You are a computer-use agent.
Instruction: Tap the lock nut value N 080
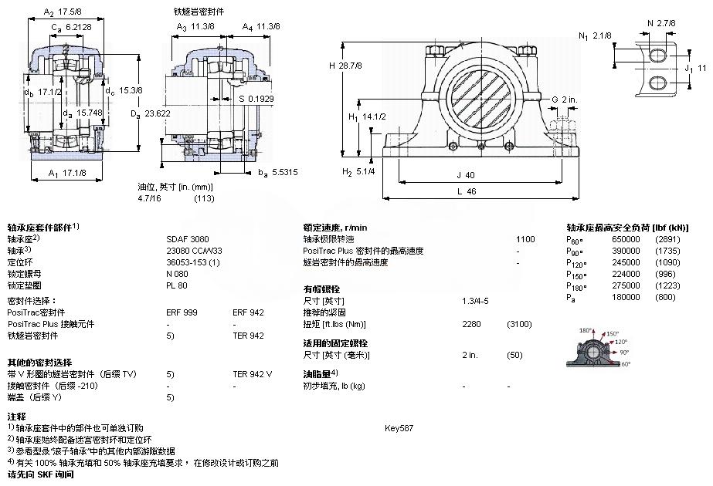(x=177, y=274)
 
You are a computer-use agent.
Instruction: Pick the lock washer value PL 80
(x=176, y=285)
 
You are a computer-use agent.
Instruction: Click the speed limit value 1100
(x=525, y=239)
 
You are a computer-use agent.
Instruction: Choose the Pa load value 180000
(x=625, y=297)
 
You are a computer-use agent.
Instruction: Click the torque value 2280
(x=471, y=324)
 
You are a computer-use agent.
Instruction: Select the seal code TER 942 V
(x=253, y=374)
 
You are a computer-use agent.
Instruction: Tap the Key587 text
(x=399, y=427)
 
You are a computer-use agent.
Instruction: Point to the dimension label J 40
(x=466, y=174)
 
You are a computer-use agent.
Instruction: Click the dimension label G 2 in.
(x=564, y=100)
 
